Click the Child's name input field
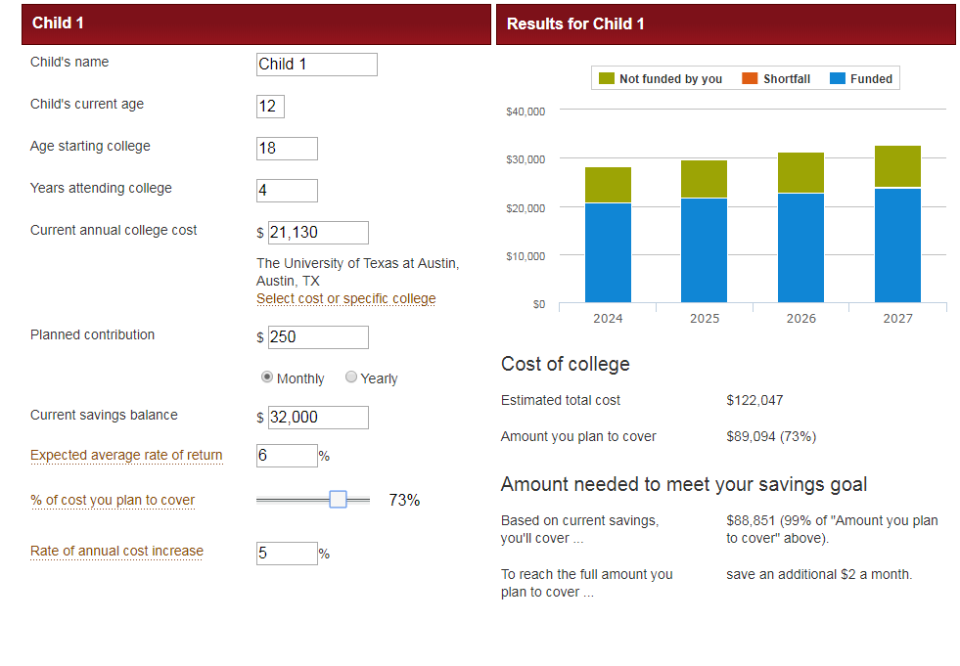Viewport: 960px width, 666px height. [x=316, y=65]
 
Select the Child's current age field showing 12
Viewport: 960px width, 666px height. [x=270, y=107]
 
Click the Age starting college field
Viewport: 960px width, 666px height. [x=287, y=149]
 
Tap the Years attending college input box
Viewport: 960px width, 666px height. [x=287, y=191]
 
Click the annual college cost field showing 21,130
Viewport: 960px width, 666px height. [x=318, y=233]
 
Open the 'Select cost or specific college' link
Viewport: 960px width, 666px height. [x=345, y=299]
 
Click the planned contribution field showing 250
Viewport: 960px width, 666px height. [x=318, y=337]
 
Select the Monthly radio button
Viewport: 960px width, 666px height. [x=267, y=377]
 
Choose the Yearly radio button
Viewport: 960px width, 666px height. [x=351, y=377]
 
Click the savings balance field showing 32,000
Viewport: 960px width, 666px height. [x=318, y=418]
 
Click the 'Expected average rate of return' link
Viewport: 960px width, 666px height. [x=126, y=456]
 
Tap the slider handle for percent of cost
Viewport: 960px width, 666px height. [x=338, y=500]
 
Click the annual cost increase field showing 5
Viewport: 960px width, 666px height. [x=287, y=554]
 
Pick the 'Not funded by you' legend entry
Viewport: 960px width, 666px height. [x=660, y=79]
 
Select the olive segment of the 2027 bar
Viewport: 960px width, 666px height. [x=897, y=166]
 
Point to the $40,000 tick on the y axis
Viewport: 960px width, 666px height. [x=526, y=111]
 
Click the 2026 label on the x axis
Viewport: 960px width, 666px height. [x=800, y=319]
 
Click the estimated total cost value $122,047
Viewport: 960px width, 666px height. [x=754, y=400]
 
